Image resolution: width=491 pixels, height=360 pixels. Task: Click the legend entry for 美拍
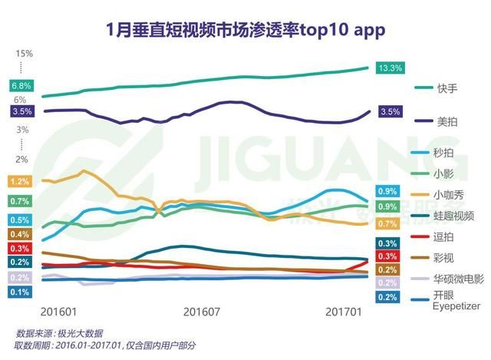click(446, 121)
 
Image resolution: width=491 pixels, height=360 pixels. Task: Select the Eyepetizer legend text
click(456, 306)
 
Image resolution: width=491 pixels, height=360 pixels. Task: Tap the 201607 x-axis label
click(203, 312)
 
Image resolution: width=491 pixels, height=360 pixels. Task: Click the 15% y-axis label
click(24, 53)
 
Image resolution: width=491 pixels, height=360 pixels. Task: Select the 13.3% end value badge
click(390, 68)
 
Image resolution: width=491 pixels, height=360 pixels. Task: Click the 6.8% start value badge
click(21, 85)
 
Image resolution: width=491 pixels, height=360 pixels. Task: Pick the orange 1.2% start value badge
click(20, 182)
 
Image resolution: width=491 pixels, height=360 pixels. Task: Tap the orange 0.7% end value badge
click(387, 224)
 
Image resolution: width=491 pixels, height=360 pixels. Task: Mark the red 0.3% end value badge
click(387, 256)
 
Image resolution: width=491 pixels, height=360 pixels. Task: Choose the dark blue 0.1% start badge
click(20, 292)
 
